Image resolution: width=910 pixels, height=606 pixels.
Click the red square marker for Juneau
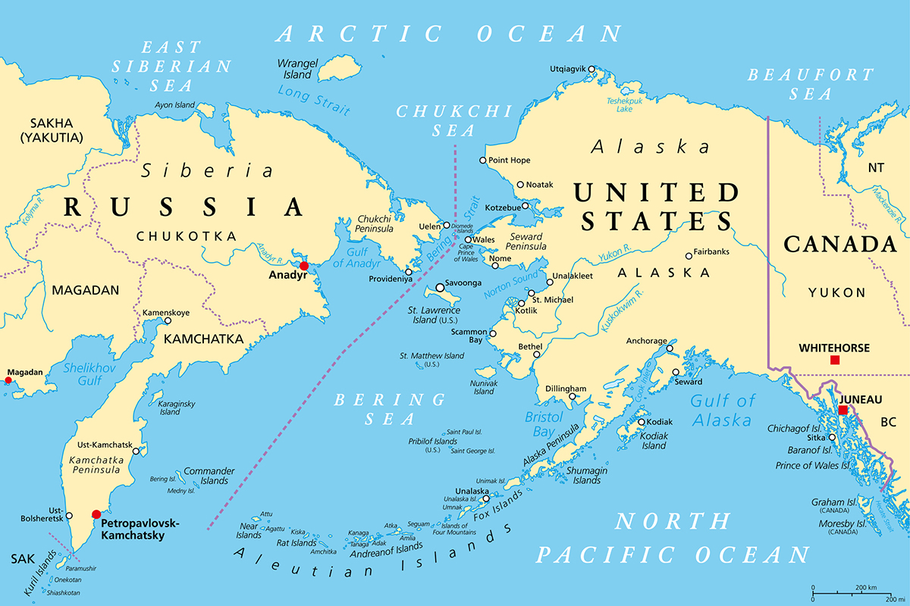(843, 410)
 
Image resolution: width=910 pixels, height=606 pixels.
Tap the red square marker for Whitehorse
(835, 360)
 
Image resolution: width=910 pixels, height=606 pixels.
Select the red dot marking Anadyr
(304, 266)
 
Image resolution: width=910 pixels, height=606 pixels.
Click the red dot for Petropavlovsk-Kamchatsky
(96, 514)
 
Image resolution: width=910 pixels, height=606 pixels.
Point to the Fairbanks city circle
(689, 256)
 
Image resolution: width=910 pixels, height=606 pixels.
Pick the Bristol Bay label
(544, 424)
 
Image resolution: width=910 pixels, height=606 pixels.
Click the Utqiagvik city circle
(591, 70)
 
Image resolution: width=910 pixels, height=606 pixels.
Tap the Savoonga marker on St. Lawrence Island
(440, 288)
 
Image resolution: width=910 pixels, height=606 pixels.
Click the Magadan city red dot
(9, 381)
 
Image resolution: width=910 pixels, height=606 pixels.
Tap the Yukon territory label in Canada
(836, 292)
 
